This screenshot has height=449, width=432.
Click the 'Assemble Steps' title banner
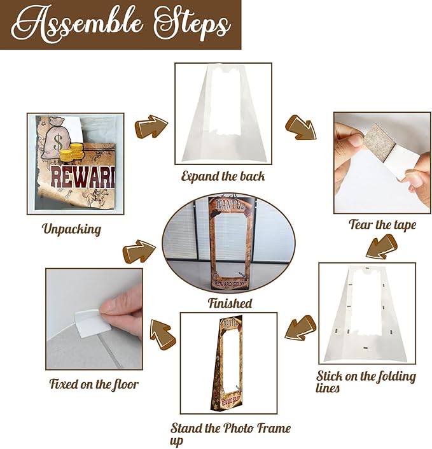(x=120, y=25)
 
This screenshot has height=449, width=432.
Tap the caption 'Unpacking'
(x=71, y=229)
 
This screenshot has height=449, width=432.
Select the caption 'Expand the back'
(x=223, y=176)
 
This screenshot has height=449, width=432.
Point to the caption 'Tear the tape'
(x=382, y=224)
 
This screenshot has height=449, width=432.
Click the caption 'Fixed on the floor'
(x=94, y=383)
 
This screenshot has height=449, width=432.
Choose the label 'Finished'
(x=230, y=303)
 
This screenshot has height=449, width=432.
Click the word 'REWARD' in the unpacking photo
(x=83, y=178)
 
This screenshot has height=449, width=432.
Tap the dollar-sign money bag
(x=57, y=138)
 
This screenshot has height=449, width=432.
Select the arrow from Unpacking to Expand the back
(x=151, y=126)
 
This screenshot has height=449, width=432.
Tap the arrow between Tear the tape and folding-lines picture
(x=382, y=246)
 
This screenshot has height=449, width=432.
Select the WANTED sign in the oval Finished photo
(x=230, y=204)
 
